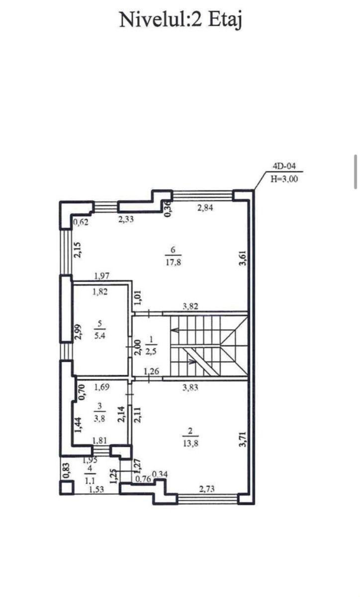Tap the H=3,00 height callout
(284, 179)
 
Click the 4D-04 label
(284, 166)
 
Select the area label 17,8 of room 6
(174, 263)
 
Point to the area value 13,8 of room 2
(190, 444)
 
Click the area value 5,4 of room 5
(99, 335)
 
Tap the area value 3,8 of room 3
(99, 418)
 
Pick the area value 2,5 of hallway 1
(151, 352)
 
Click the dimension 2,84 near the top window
(205, 208)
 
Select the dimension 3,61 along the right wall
(243, 258)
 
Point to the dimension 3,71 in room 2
(243, 439)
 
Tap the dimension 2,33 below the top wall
(126, 219)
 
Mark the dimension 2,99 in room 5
(78, 332)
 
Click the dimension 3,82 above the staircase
(190, 306)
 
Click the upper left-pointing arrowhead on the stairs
(175, 330)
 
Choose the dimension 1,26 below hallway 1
(151, 371)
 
